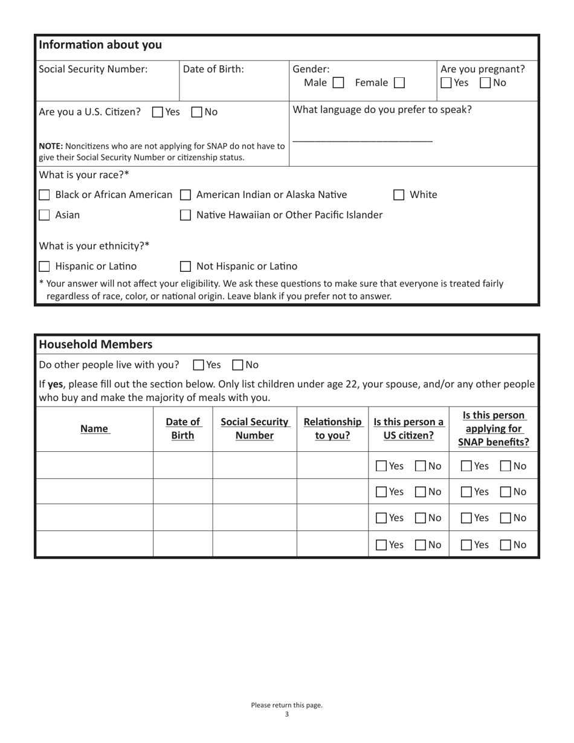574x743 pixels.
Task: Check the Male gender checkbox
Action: (x=338, y=83)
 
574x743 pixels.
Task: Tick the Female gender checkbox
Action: (x=399, y=83)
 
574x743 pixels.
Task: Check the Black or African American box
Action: (x=44, y=195)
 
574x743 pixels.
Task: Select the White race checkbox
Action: (x=399, y=195)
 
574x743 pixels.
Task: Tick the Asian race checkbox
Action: (x=44, y=215)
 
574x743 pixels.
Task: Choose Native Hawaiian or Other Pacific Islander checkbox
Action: (x=186, y=215)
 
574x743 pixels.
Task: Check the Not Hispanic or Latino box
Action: (x=186, y=266)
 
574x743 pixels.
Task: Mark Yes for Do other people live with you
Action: (x=198, y=365)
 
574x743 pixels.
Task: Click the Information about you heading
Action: (x=100, y=45)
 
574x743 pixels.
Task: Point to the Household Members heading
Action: (x=95, y=344)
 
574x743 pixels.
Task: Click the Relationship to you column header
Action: (x=332, y=428)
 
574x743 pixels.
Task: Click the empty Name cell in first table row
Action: (x=94, y=466)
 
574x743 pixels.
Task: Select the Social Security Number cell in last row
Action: (x=254, y=544)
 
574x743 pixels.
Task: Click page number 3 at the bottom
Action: (x=286, y=714)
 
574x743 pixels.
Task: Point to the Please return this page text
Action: (x=286, y=705)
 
